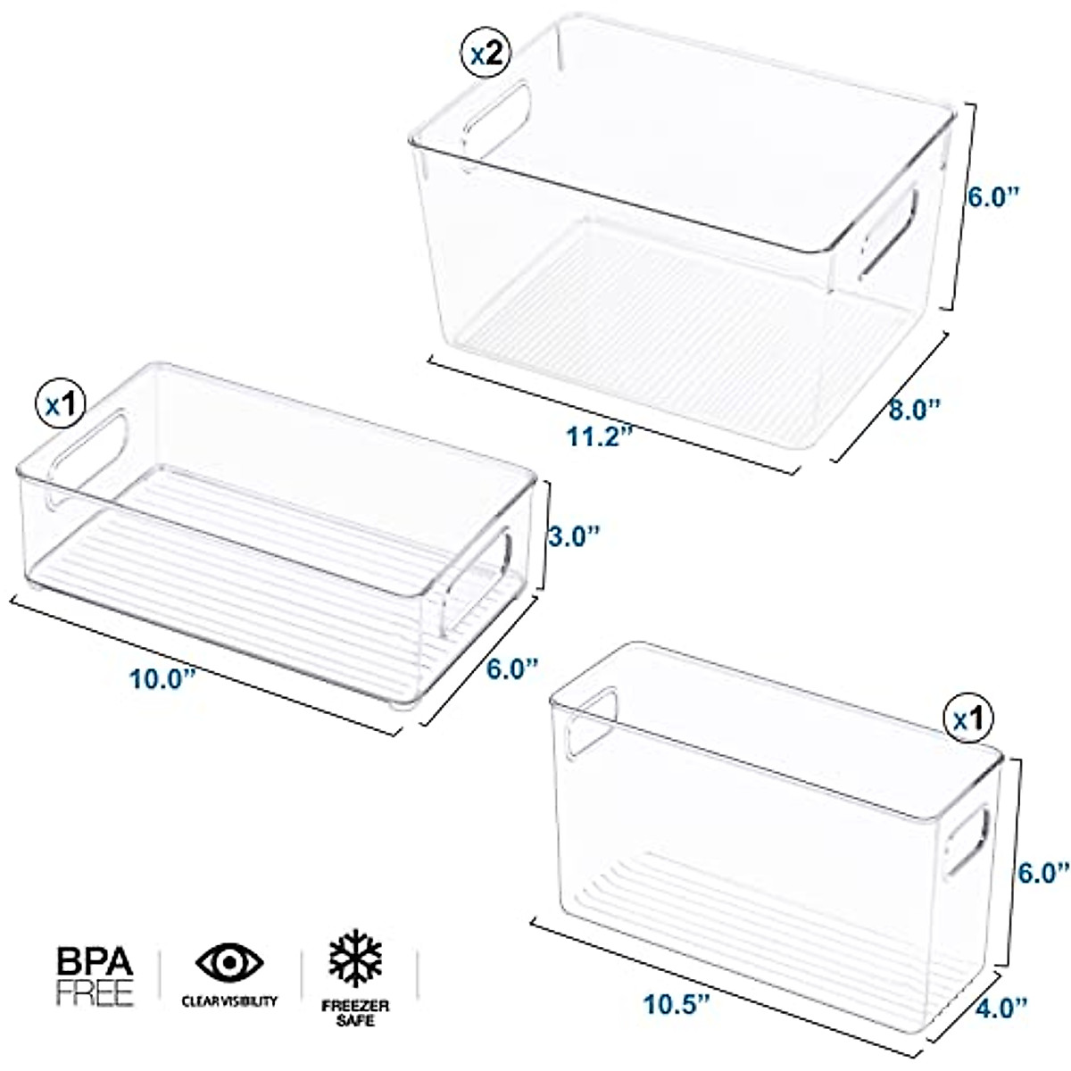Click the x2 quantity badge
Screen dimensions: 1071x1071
point(486,55)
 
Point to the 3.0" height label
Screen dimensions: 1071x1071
point(571,535)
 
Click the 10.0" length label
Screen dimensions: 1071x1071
point(162,678)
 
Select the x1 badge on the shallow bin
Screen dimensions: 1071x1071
point(59,405)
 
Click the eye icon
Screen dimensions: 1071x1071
point(229,964)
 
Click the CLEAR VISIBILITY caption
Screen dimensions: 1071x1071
point(229,1001)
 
